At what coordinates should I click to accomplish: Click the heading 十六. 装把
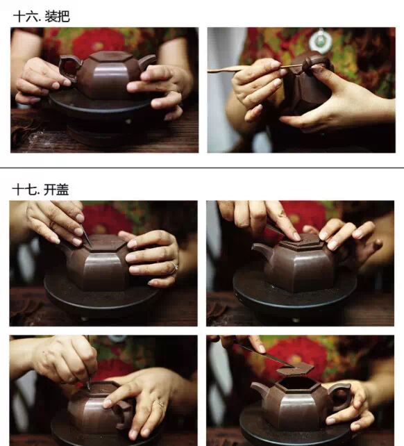pyautogui.click(x=42, y=17)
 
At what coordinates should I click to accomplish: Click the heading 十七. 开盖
pyautogui.click(x=41, y=190)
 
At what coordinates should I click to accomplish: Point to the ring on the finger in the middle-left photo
pyautogui.click(x=174, y=267)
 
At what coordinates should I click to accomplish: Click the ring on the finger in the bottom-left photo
pyautogui.click(x=160, y=404)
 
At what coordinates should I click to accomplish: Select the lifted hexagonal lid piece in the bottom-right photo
pyautogui.click(x=296, y=369)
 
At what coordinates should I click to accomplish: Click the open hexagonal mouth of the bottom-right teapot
pyautogui.click(x=298, y=383)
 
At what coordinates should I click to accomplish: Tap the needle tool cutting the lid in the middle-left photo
pyautogui.click(x=85, y=236)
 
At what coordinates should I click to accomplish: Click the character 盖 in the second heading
pyautogui.click(x=62, y=190)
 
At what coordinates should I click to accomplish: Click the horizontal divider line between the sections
pyautogui.click(x=202, y=168)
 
